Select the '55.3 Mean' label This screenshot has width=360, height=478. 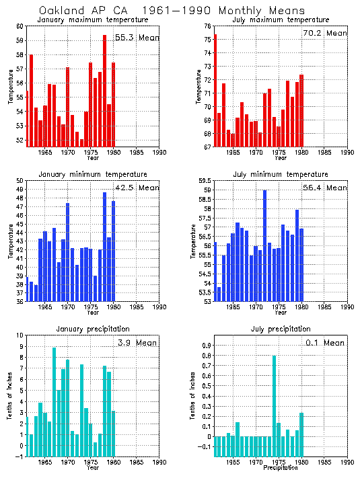(137, 38)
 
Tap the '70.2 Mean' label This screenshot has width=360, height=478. (325, 33)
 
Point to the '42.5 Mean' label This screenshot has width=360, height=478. (137, 188)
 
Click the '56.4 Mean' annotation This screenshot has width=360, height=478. (325, 188)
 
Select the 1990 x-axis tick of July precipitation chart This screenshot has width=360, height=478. (347, 462)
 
